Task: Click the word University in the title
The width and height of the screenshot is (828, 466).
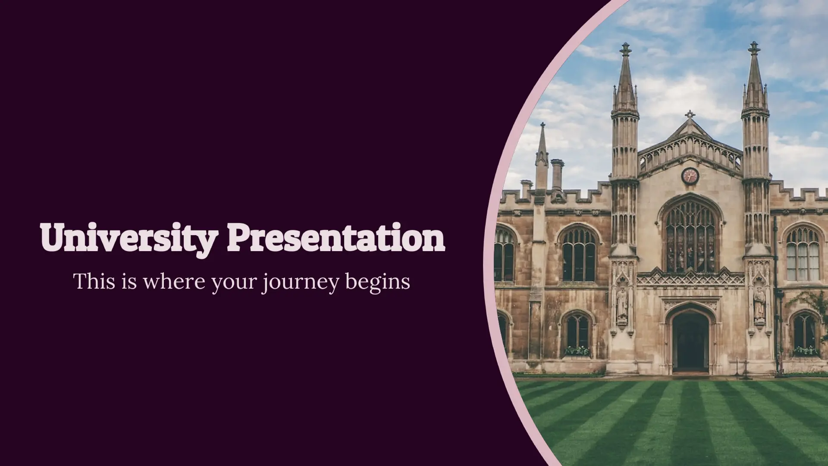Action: (x=127, y=239)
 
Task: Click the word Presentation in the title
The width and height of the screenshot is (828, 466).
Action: (x=336, y=239)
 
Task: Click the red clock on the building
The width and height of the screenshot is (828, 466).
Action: (x=690, y=176)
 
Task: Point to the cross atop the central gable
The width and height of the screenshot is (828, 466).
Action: (x=690, y=115)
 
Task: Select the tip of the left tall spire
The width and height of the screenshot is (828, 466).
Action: (x=625, y=46)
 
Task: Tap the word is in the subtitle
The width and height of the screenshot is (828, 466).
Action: (x=125, y=281)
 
